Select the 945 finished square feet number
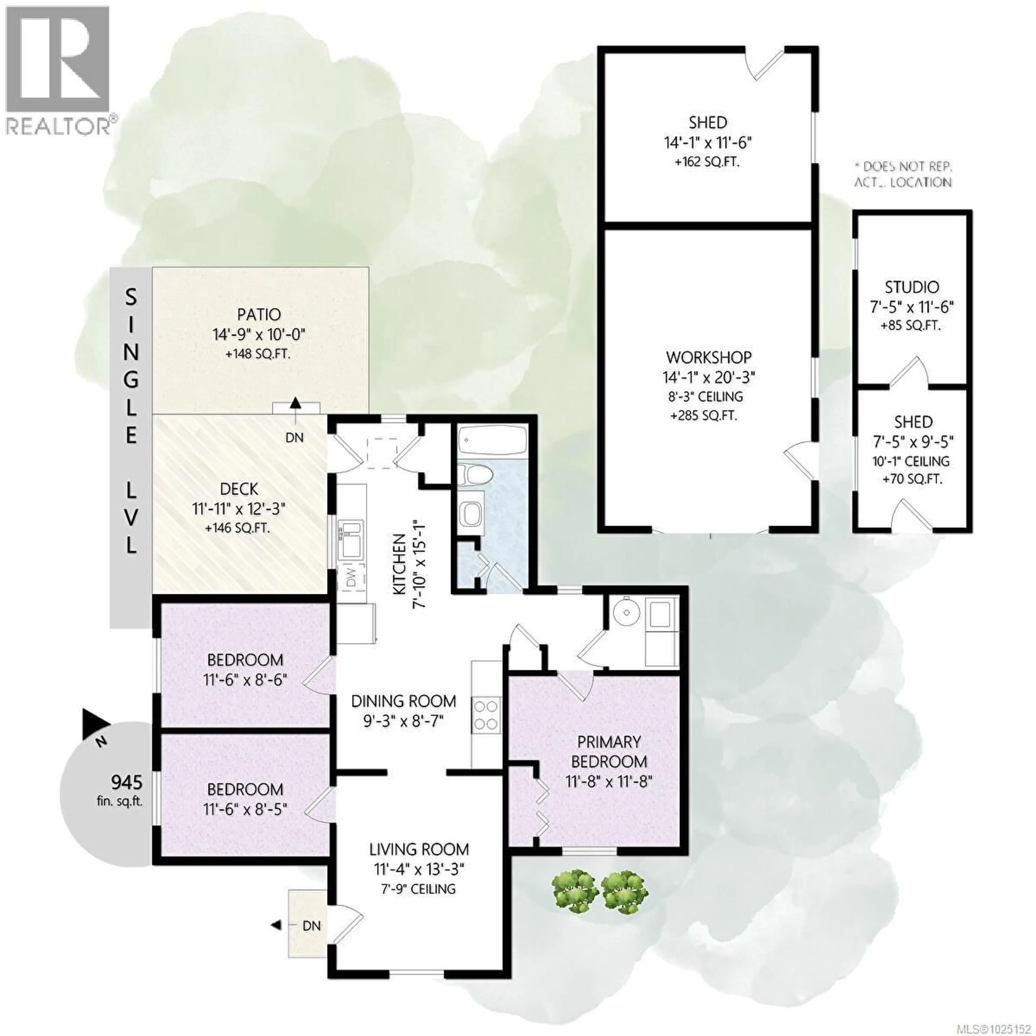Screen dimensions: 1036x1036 tap(127, 783)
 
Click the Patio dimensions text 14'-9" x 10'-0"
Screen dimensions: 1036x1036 tap(259, 335)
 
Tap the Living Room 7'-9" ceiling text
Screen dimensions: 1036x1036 tap(418, 889)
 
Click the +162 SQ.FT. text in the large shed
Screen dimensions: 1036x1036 tap(707, 162)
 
